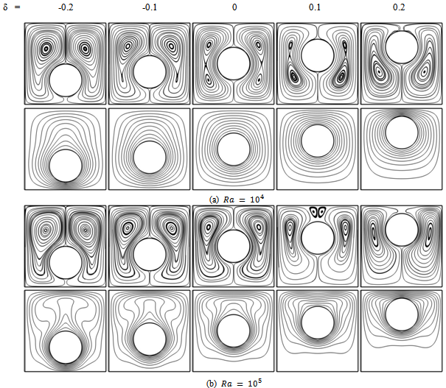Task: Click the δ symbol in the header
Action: (5, 7)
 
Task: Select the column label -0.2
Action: (66, 7)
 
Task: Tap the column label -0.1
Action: (150, 7)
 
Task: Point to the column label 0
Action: (234, 7)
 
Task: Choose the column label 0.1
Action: (315, 7)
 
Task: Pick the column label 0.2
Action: (399, 7)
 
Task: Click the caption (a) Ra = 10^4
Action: (237, 199)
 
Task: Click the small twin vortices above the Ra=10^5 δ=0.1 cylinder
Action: (318, 212)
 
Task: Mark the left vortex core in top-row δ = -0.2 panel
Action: (46, 49)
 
